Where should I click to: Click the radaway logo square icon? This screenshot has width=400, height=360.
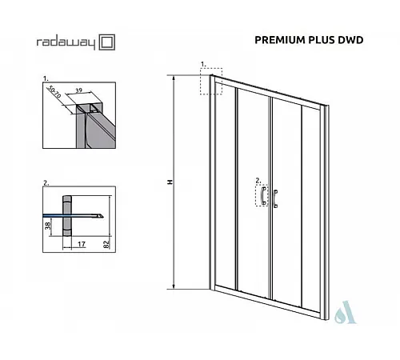(107, 42)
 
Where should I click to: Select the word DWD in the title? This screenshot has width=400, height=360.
(350, 40)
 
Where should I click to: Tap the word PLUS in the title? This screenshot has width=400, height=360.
(322, 40)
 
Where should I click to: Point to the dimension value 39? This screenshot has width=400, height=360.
(78, 90)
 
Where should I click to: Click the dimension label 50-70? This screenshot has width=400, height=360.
(55, 92)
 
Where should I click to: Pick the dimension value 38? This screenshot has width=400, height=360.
(48, 226)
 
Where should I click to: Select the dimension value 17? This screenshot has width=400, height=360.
(82, 244)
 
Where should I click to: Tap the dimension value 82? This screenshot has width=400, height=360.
(106, 245)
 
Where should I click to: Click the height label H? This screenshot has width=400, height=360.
(170, 182)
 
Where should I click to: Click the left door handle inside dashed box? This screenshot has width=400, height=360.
(263, 195)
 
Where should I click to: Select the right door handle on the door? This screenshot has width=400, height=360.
(275, 198)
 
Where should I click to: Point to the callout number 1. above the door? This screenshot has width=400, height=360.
(203, 64)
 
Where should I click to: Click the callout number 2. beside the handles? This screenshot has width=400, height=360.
(258, 181)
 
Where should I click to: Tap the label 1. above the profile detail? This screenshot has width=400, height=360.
(46, 78)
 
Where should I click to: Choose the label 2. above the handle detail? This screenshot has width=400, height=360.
(46, 183)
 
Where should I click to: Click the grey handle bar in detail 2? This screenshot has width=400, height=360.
(67, 216)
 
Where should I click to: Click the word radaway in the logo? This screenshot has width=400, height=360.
(66, 42)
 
